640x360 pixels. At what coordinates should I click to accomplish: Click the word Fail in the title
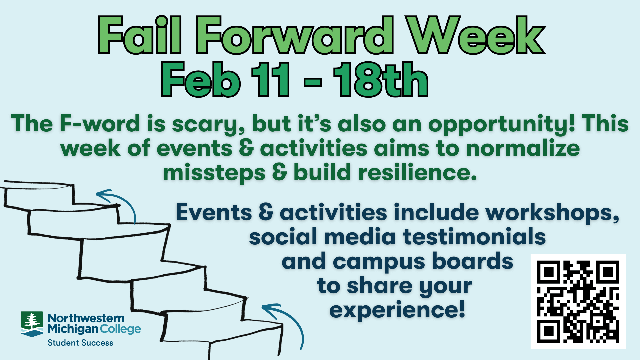click(x=140, y=35)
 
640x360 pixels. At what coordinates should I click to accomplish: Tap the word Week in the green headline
click(x=477, y=35)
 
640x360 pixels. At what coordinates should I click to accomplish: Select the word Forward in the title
click(x=295, y=35)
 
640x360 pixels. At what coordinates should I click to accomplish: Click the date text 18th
click(x=381, y=80)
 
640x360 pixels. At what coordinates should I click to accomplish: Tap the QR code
click(x=578, y=302)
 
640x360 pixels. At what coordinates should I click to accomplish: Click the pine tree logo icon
click(x=32, y=324)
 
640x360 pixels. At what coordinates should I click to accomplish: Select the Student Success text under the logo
click(x=80, y=343)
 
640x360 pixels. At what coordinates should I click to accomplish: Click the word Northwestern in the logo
click(x=86, y=318)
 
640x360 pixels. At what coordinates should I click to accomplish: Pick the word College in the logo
click(x=120, y=329)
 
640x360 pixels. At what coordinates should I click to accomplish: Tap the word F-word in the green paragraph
click(x=100, y=123)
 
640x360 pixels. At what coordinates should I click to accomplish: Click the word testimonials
click(x=474, y=237)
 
